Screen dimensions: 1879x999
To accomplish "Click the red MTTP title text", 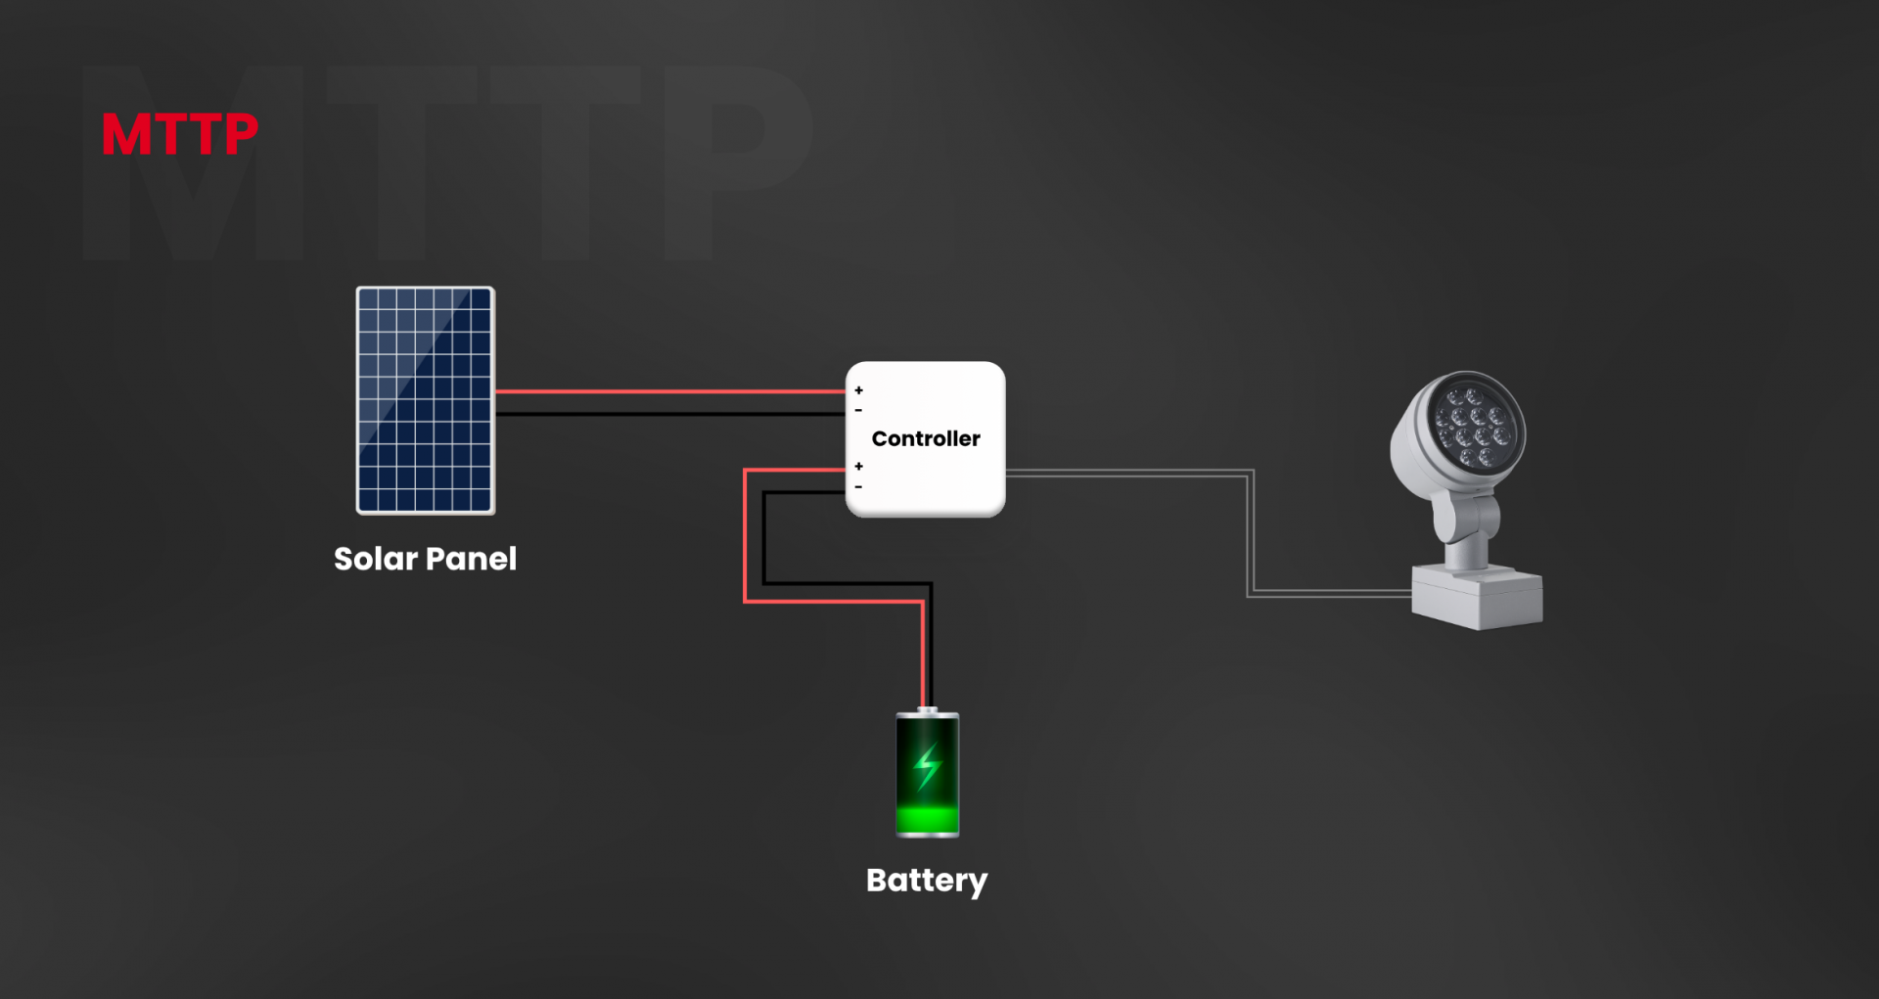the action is [x=180, y=134].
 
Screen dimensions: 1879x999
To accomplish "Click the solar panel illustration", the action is [x=426, y=400].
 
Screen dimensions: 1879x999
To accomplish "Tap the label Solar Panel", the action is [x=425, y=559].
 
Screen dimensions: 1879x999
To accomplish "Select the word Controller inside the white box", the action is [x=926, y=438].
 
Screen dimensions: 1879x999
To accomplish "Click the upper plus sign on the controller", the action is [x=858, y=390].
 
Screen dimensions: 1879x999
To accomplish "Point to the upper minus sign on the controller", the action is [x=858, y=410].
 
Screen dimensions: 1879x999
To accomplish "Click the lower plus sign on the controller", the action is [x=858, y=467].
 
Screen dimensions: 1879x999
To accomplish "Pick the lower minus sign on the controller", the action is [x=858, y=486].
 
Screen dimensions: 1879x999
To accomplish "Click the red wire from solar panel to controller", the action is [x=670, y=391].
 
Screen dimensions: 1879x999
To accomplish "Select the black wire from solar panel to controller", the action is [x=670, y=414].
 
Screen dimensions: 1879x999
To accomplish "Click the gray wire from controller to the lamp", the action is [x=1251, y=533].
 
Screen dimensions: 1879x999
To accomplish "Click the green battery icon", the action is [x=928, y=773].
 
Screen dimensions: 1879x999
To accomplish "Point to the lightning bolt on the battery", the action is [x=927, y=766].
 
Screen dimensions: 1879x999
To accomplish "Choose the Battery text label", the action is [x=927, y=881].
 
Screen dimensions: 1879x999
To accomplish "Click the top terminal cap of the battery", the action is [x=928, y=710].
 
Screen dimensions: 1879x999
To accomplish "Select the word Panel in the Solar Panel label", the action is [x=471, y=559].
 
